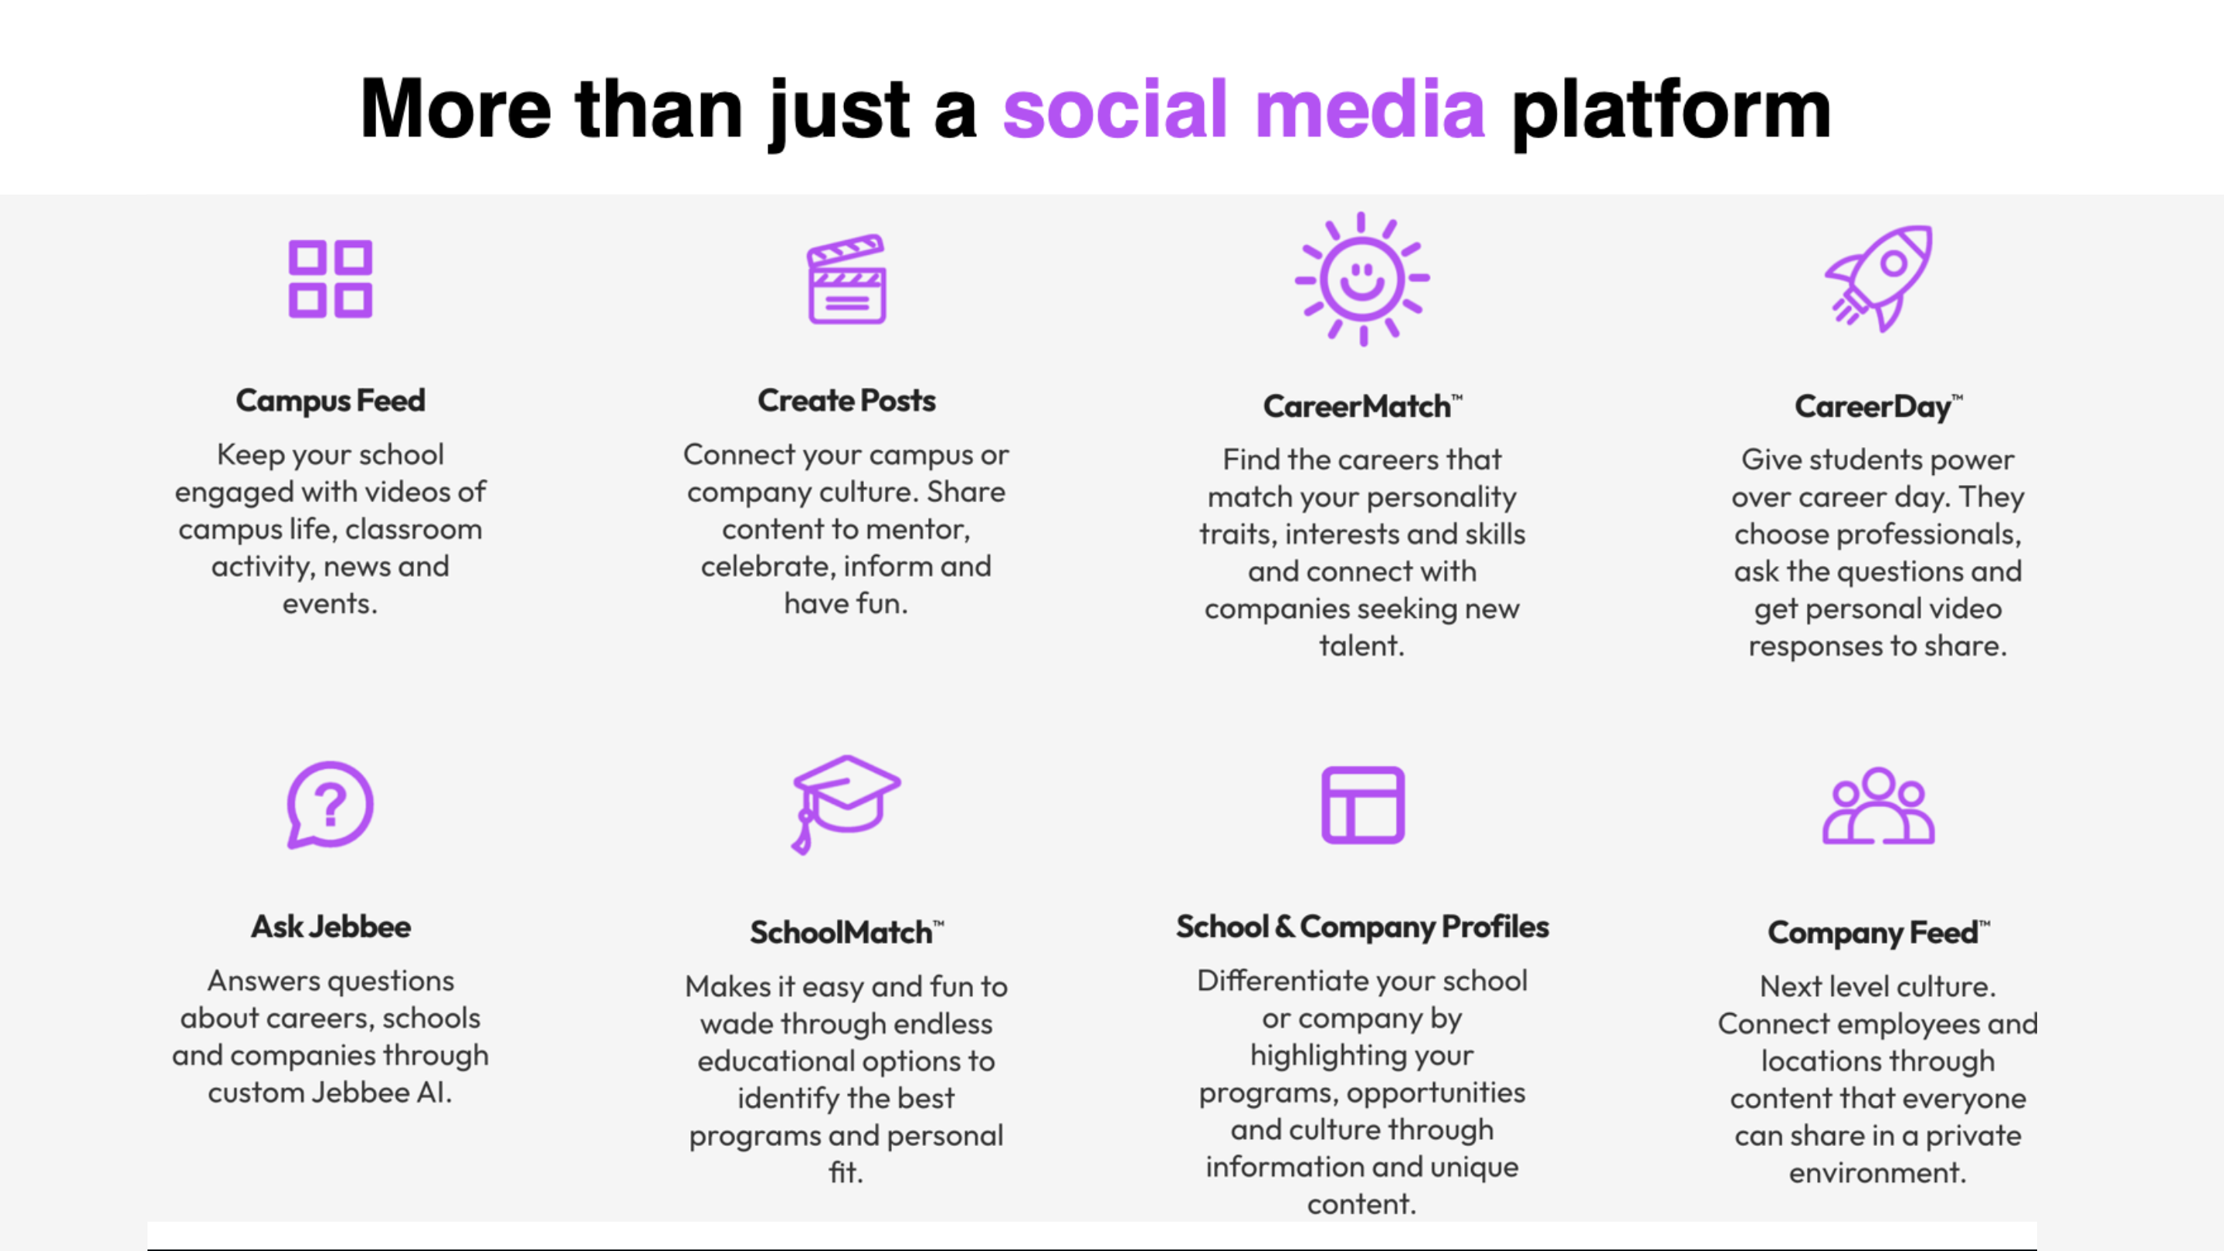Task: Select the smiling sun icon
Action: click(x=1362, y=279)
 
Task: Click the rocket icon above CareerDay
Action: click(x=1879, y=278)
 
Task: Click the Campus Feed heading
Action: click(x=331, y=401)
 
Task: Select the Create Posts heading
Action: click(x=846, y=401)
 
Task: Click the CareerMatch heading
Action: click(x=1362, y=405)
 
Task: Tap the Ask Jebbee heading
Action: click(x=331, y=927)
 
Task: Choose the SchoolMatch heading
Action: click(x=846, y=932)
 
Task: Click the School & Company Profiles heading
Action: click(x=1362, y=927)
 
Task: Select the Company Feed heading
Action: click(x=1879, y=932)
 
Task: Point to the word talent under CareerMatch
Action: click(x=1361, y=645)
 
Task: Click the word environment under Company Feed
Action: click(x=1878, y=1172)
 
